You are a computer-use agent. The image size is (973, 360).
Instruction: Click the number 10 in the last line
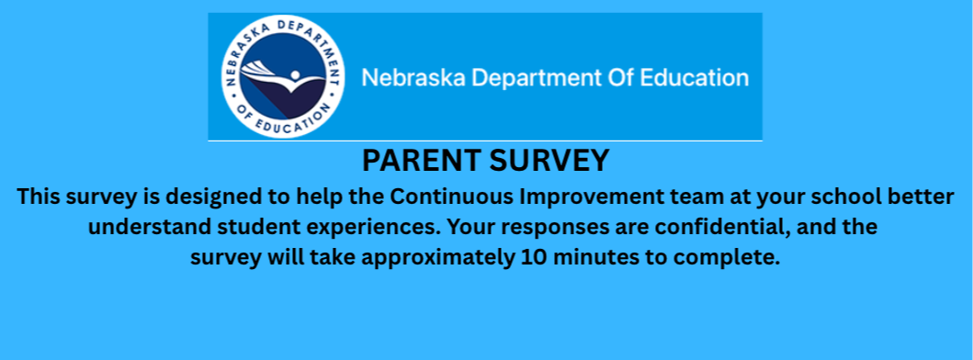[533, 257]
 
